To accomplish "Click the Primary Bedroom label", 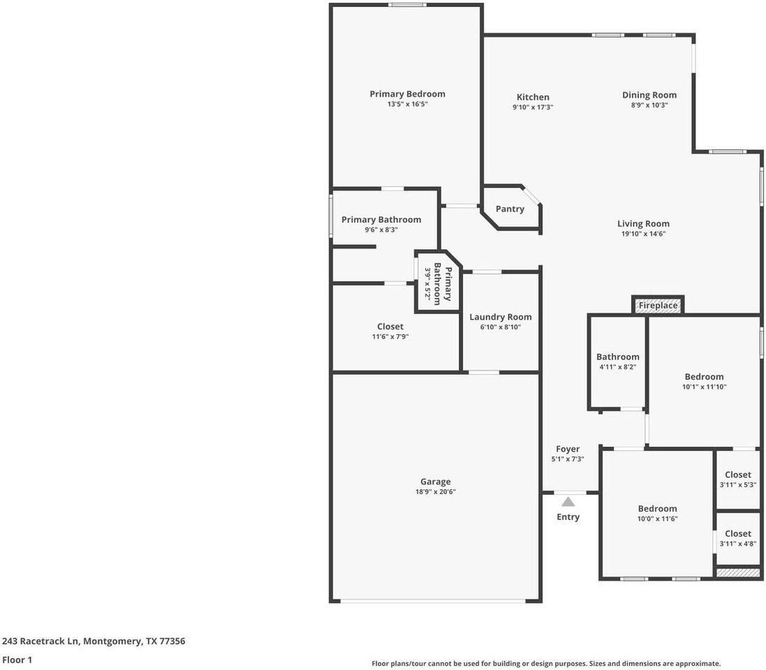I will pyautogui.click(x=407, y=94).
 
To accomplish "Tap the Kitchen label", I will pyautogui.click(x=533, y=97).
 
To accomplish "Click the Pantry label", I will pyautogui.click(x=510, y=209).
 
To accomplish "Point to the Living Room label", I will pyautogui.click(x=643, y=224).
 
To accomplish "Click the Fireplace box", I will pyautogui.click(x=658, y=306).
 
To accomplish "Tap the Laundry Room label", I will pyautogui.click(x=500, y=317).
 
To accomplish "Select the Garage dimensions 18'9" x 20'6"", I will pyautogui.click(x=435, y=492).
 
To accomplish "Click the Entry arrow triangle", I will pyautogui.click(x=568, y=501).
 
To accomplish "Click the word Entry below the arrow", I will pyautogui.click(x=568, y=517).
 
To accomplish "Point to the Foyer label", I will pyautogui.click(x=568, y=449).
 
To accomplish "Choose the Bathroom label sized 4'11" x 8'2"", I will pyautogui.click(x=617, y=357).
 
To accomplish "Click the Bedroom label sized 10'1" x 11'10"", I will pyautogui.click(x=704, y=377).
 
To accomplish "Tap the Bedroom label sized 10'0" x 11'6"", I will pyautogui.click(x=657, y=509).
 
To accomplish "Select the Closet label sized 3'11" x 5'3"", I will pyautogui.click(x=738, y=475).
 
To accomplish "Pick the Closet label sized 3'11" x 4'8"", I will pyautogui.click(x=738, y=534).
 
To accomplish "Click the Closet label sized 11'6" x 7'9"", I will pyautogui.click(x=390, y=327).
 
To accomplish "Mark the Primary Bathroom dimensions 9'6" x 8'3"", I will pyautogui.click(x=381, y=230).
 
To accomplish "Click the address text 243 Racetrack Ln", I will pyautogui.click(x=41, y=641).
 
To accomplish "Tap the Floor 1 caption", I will pyautogui.click(x=17, y=660).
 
